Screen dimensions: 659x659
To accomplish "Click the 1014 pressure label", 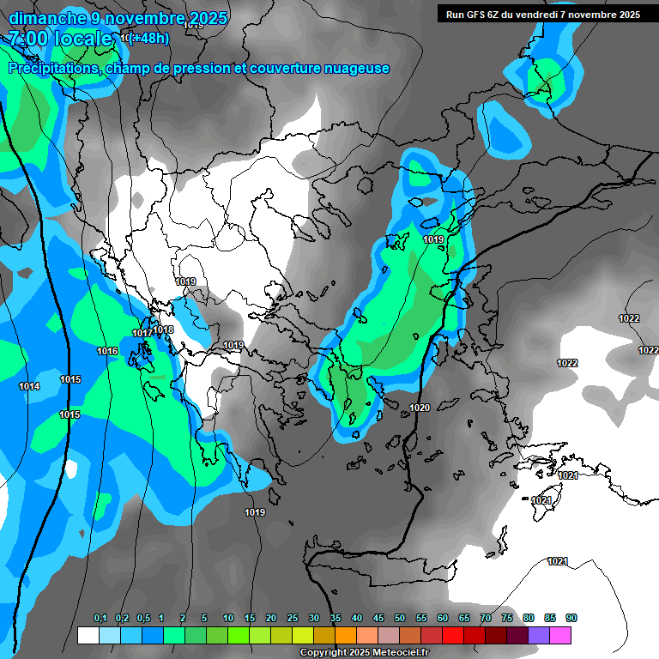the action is coord(29,387).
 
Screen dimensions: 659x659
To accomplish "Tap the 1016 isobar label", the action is coord(107,351).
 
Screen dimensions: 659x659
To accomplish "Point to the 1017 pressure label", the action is coord(142,333).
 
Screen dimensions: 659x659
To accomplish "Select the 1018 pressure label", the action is coord(163,329).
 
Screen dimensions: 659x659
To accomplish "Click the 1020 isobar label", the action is coord(420,408).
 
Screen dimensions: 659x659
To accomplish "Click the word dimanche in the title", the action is coord(48,18).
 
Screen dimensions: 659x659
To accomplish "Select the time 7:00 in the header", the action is coord(29,39).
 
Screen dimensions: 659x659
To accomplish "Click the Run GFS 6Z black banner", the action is coord(542,14).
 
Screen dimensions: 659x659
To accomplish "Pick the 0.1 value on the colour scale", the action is coord(100,619).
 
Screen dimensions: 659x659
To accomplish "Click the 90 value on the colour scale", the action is coord(571,619).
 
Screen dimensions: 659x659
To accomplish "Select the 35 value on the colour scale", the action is coord(336,619).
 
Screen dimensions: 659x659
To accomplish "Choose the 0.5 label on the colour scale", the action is coord(143,619).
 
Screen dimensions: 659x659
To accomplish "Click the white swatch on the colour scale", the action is coord(88,635).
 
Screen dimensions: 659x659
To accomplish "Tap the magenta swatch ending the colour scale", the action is coord(560,635).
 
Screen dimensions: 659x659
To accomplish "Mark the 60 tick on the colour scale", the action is coord(443,619).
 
